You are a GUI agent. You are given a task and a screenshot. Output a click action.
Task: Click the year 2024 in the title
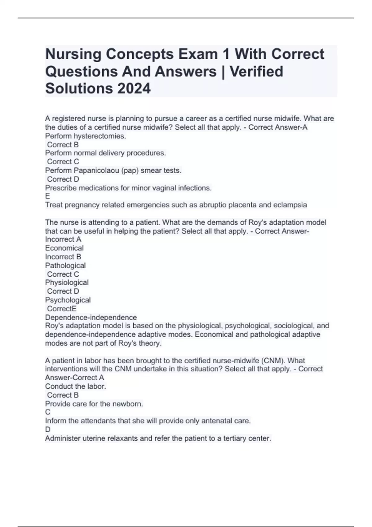tap(134, 88)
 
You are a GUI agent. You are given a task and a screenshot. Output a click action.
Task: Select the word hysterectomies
tap(100, 136)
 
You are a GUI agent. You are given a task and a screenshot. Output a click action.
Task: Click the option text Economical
tap(64, 248)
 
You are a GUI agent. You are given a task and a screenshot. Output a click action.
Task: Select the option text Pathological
tap(65, 266)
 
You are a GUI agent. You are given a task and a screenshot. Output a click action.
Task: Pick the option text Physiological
tap(67, 282)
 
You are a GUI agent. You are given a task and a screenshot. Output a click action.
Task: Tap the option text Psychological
tap(68, 300)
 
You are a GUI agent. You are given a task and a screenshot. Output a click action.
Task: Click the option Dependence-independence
tap(91, 317)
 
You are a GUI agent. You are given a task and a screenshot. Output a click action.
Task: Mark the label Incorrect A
tap(63, 239)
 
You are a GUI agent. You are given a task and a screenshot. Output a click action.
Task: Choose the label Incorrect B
tap(63, 257)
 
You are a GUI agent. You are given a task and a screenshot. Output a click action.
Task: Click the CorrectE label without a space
tap(62, 309)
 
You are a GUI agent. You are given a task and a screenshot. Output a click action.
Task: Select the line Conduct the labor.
tap(75, 386)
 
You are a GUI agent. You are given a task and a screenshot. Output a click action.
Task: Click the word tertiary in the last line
tap(235, 438)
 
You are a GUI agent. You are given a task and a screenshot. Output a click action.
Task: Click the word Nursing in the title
tap(73, 54)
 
